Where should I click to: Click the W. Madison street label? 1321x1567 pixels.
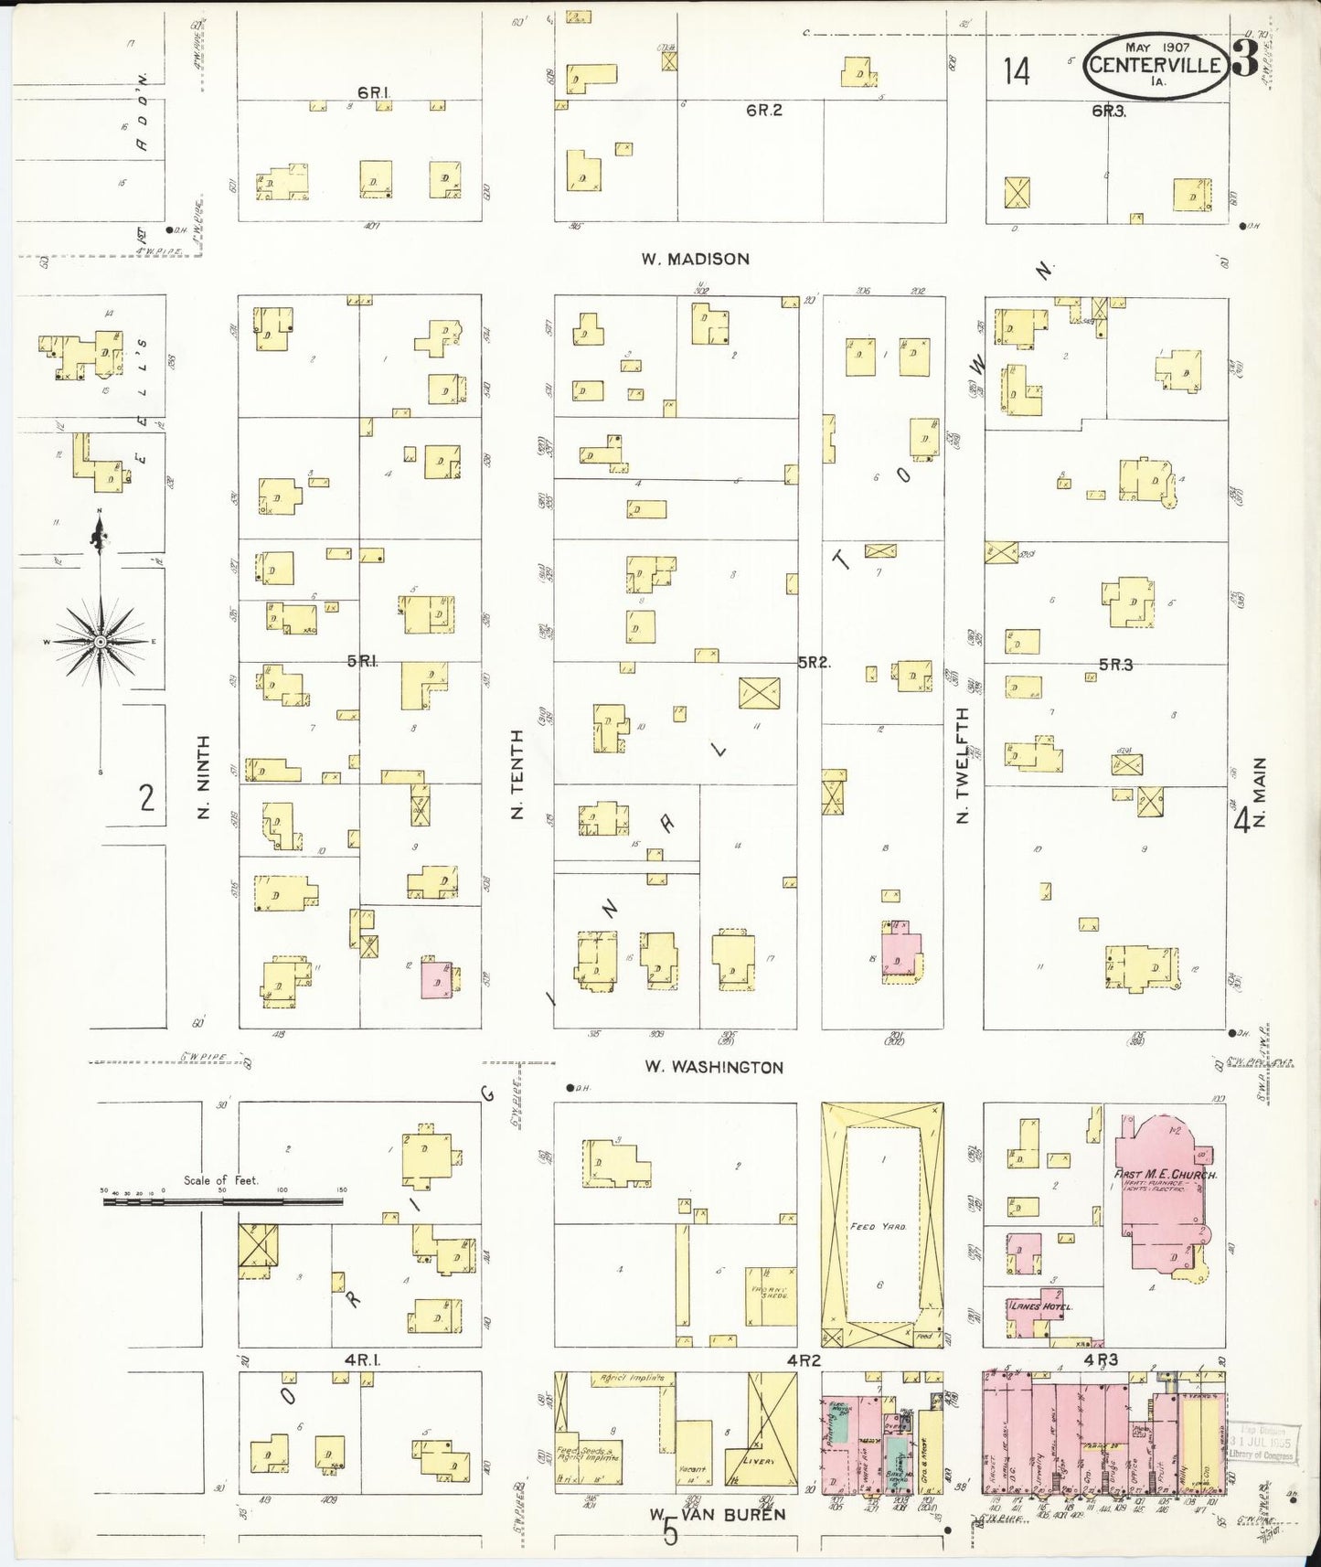(695, 260)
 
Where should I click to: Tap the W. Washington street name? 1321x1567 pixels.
(713, 1067)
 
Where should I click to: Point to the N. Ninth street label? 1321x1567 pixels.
(204, 776)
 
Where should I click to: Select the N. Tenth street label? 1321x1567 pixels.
(517, 773)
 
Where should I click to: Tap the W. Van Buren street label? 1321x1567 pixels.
(718, 1515)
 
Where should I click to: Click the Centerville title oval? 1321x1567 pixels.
(1156, 65)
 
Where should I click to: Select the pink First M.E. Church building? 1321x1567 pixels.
(1162, 1198)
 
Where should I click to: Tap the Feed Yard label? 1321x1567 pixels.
(878, 1226)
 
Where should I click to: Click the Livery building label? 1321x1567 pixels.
(757, 1461)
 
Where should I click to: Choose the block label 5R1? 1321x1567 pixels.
(362, 661)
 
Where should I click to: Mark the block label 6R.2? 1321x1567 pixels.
(764, 111)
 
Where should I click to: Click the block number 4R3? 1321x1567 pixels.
(1101, 1359)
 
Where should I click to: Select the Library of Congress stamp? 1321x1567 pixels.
(1262, 1442)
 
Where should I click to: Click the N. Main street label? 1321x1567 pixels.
(1260, 792)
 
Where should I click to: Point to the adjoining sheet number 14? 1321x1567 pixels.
(1017, 70)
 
